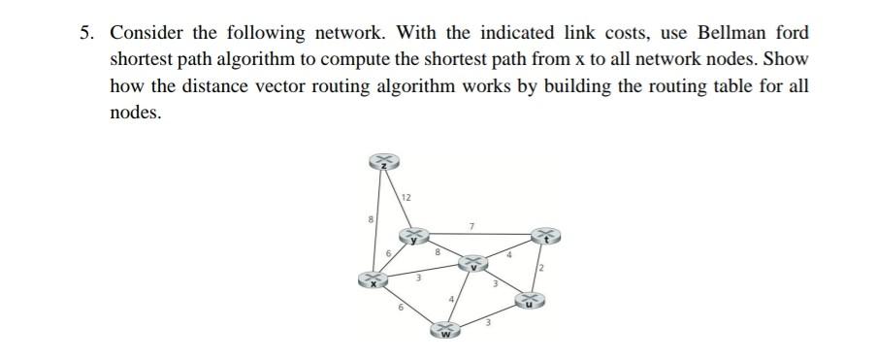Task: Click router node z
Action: [x=384, y=163]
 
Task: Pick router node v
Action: [x=474, y=263]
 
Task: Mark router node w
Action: [x=444, y=333]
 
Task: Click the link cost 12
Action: [x=406, y=198]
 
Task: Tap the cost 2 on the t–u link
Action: [x=544, y=268]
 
